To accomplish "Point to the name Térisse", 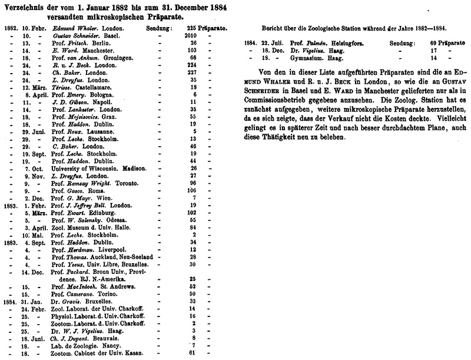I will point(62,87).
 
